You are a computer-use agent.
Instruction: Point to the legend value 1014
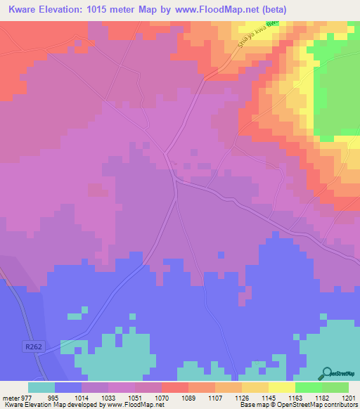[82, 397]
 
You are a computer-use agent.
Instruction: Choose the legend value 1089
[189, 397]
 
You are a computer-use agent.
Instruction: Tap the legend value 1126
[243, 397]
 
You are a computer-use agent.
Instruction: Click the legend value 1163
[295, 397]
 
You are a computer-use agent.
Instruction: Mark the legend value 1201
[349, 397]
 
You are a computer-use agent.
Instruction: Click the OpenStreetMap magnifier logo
[326, 372]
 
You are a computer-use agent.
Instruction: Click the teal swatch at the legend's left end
[41, 387]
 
